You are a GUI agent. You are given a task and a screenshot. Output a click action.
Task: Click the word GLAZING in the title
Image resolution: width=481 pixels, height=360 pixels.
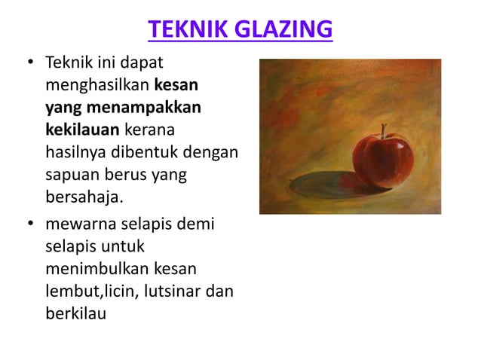coord(283,30)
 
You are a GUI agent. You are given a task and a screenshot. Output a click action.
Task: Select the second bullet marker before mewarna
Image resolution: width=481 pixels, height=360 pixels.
coord(30,224)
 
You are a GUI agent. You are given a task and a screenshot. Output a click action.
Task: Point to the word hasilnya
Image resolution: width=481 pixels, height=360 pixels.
coord(75,152)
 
